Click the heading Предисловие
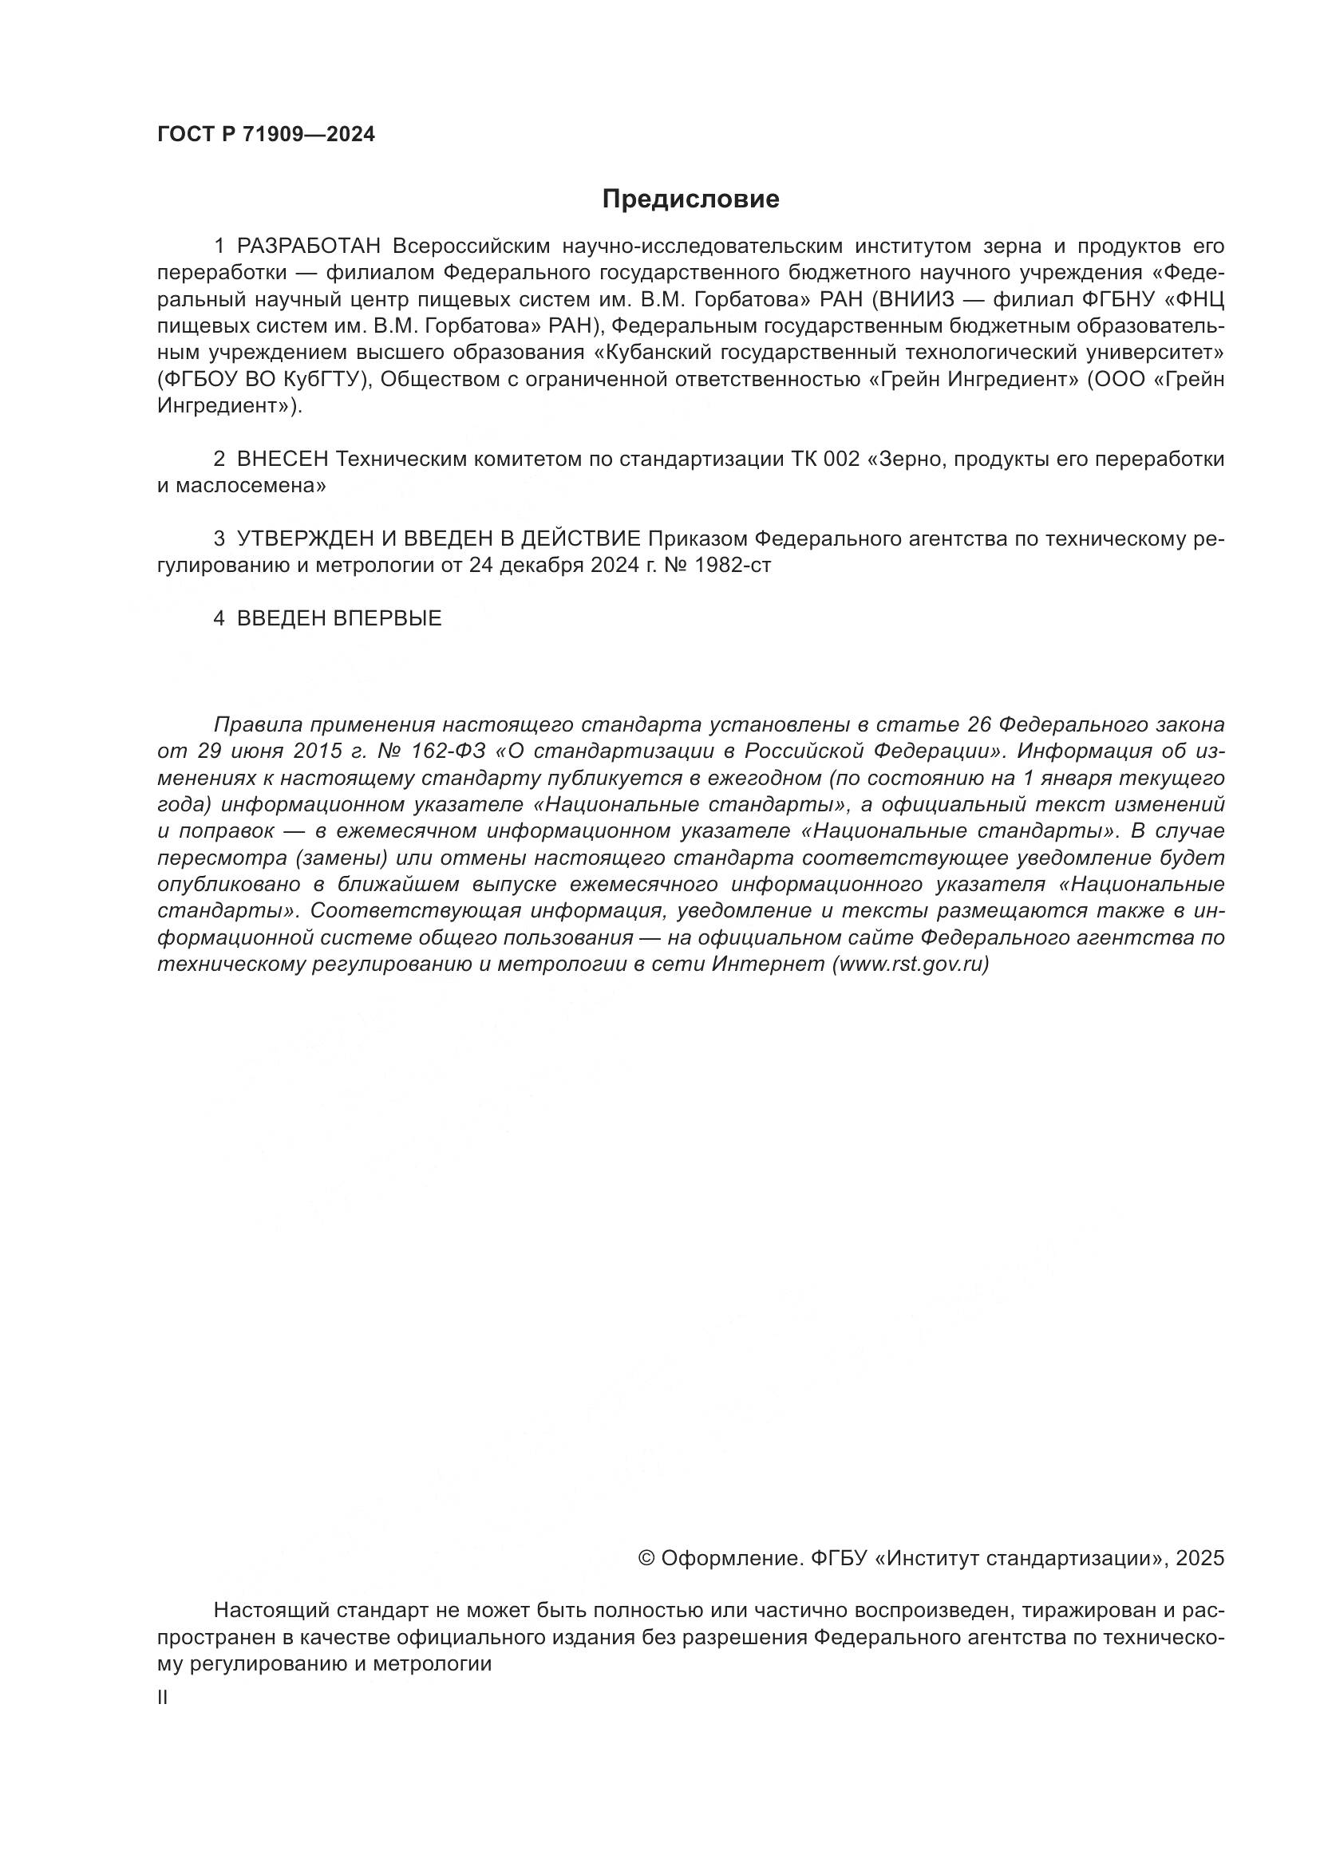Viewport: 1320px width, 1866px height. pos(690,199)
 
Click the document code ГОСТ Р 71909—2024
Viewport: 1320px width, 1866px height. pos(266,135)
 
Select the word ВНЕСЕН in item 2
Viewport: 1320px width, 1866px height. pos(282,460)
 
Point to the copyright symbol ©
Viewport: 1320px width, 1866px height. pos(647,1559)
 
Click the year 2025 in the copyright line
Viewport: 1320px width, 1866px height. pos(1199,1559)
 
